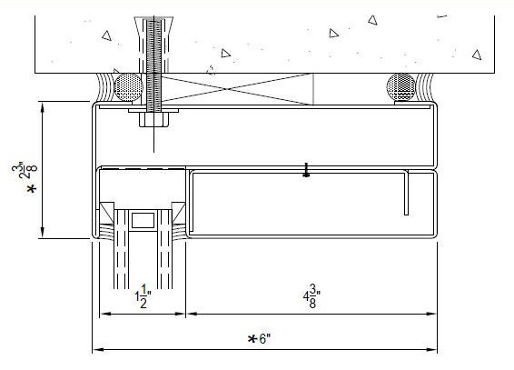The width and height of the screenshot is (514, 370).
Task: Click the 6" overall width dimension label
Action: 265,338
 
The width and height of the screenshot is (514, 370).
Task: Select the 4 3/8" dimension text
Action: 311,296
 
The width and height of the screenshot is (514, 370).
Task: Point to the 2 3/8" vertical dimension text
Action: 28,170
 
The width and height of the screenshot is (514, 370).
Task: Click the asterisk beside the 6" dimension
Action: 252,339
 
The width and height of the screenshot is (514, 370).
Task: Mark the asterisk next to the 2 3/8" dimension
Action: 32,189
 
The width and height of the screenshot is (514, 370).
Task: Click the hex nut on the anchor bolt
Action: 153,120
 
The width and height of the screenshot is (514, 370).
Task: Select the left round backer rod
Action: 129,87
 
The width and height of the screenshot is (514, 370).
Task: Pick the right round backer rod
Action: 400,87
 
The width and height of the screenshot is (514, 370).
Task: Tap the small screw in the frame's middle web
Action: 307,170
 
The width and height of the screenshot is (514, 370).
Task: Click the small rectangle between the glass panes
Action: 143,220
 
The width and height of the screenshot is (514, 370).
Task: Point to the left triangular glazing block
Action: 106,212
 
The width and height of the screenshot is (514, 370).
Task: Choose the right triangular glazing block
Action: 179,212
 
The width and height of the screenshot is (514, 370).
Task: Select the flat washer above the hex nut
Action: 153,111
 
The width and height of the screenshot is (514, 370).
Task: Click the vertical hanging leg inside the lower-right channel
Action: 407,193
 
